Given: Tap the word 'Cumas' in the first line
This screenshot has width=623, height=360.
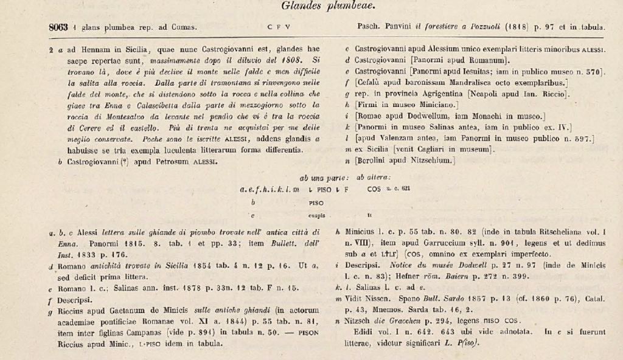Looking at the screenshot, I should tap(184, 27).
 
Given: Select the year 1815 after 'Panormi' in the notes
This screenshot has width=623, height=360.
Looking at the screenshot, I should tap(127, 242).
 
